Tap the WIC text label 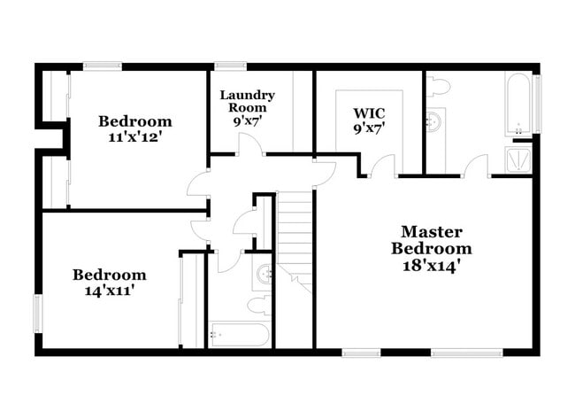point(368,113)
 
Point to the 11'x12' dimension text point(135,137)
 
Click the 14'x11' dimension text point(110,290)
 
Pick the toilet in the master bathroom point(438,86)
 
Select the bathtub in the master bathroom point(518,104)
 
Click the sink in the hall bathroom point(264,275)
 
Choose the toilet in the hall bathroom point(257,306)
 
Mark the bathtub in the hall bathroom point(238,335)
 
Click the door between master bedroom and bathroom point(476,166)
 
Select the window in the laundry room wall point(231,66)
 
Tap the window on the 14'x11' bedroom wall point(38,313)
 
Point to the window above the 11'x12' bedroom point(103,66)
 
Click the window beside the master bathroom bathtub point(536,104)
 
